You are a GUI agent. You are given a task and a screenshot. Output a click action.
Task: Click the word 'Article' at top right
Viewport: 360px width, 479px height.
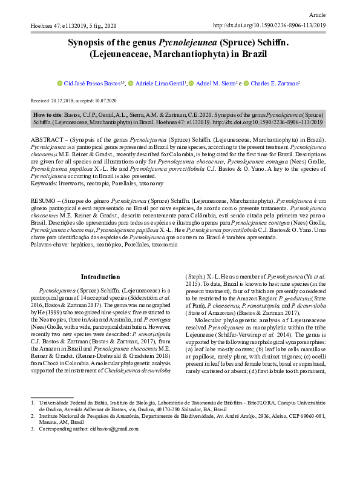click(317, 13)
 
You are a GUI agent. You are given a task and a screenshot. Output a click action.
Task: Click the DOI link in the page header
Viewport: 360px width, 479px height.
click(270, 26)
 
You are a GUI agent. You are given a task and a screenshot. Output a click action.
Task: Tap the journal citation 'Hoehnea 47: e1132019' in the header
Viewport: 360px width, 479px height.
click(61, 26)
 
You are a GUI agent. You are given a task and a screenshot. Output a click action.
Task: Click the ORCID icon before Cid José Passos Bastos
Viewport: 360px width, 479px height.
click(59, 84)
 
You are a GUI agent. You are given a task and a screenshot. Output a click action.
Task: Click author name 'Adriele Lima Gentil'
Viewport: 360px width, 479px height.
click(161, 84)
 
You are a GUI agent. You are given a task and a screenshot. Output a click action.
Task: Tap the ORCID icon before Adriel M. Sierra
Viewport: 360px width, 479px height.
click(191, 84)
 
